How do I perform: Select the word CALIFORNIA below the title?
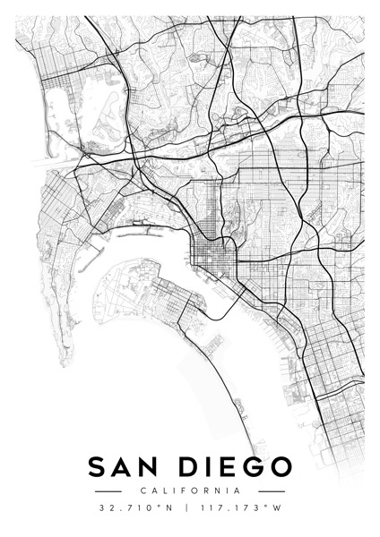point(190,490)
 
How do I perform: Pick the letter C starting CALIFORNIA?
point(142,490)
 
